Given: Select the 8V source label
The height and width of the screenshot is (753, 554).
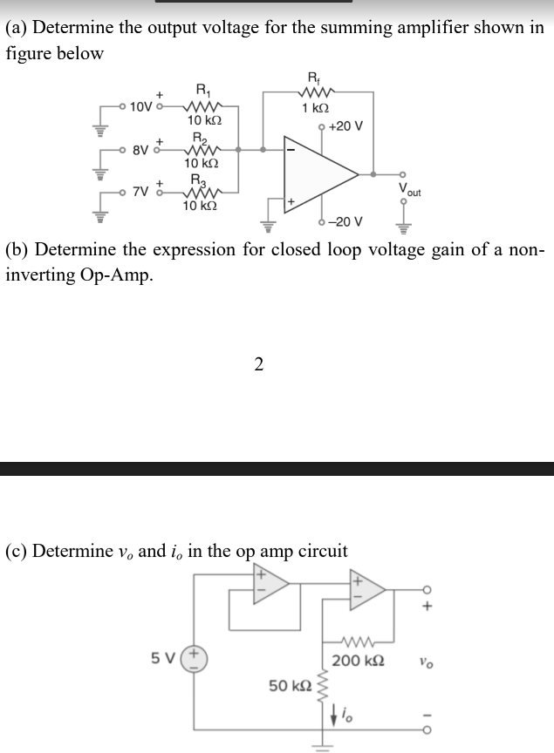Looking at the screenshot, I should (x=140, y=150).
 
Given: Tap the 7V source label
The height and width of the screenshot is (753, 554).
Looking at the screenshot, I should (x=140, y=191).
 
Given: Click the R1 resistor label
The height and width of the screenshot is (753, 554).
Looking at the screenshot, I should (x=202, y=88).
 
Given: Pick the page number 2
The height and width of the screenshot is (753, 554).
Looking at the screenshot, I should (x=258, y=364).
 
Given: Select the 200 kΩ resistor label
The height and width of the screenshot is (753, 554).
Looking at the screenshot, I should (x=360, y=660).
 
